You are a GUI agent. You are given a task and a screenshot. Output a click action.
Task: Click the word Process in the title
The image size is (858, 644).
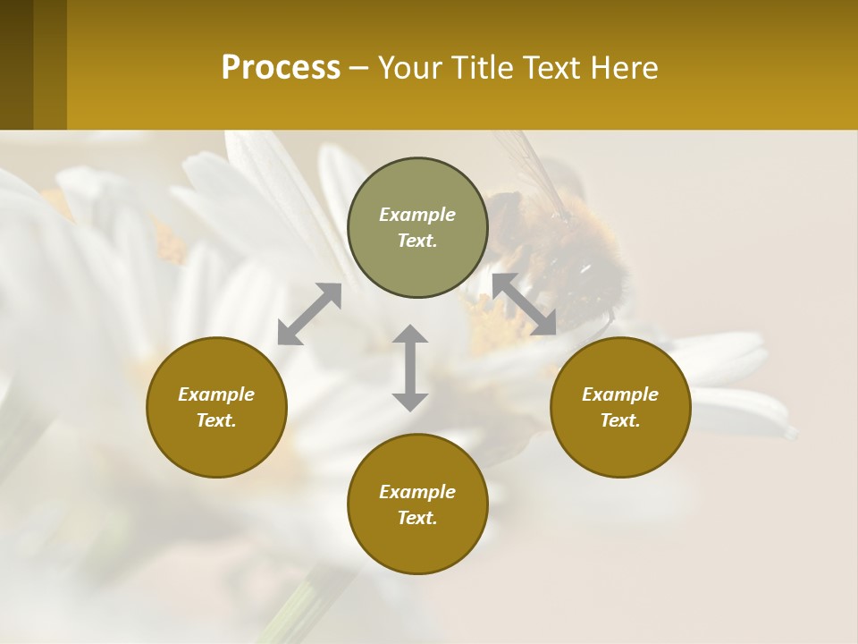coord(281,68)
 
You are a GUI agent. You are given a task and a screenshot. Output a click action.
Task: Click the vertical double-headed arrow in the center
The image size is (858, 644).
coord(410,368)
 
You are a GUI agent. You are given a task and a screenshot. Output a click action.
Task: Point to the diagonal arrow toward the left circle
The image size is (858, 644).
coord(309,314)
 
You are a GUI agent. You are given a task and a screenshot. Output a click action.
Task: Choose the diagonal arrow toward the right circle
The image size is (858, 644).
coord(525,304)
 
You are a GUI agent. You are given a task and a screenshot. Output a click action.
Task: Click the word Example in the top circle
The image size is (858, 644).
coord(417,215)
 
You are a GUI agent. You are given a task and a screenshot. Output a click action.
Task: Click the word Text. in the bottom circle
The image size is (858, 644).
coord(417,518)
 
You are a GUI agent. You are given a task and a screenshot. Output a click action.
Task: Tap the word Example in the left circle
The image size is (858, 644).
coord(216,394)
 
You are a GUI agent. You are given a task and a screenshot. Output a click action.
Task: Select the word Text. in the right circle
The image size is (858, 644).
coord(620,420)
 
